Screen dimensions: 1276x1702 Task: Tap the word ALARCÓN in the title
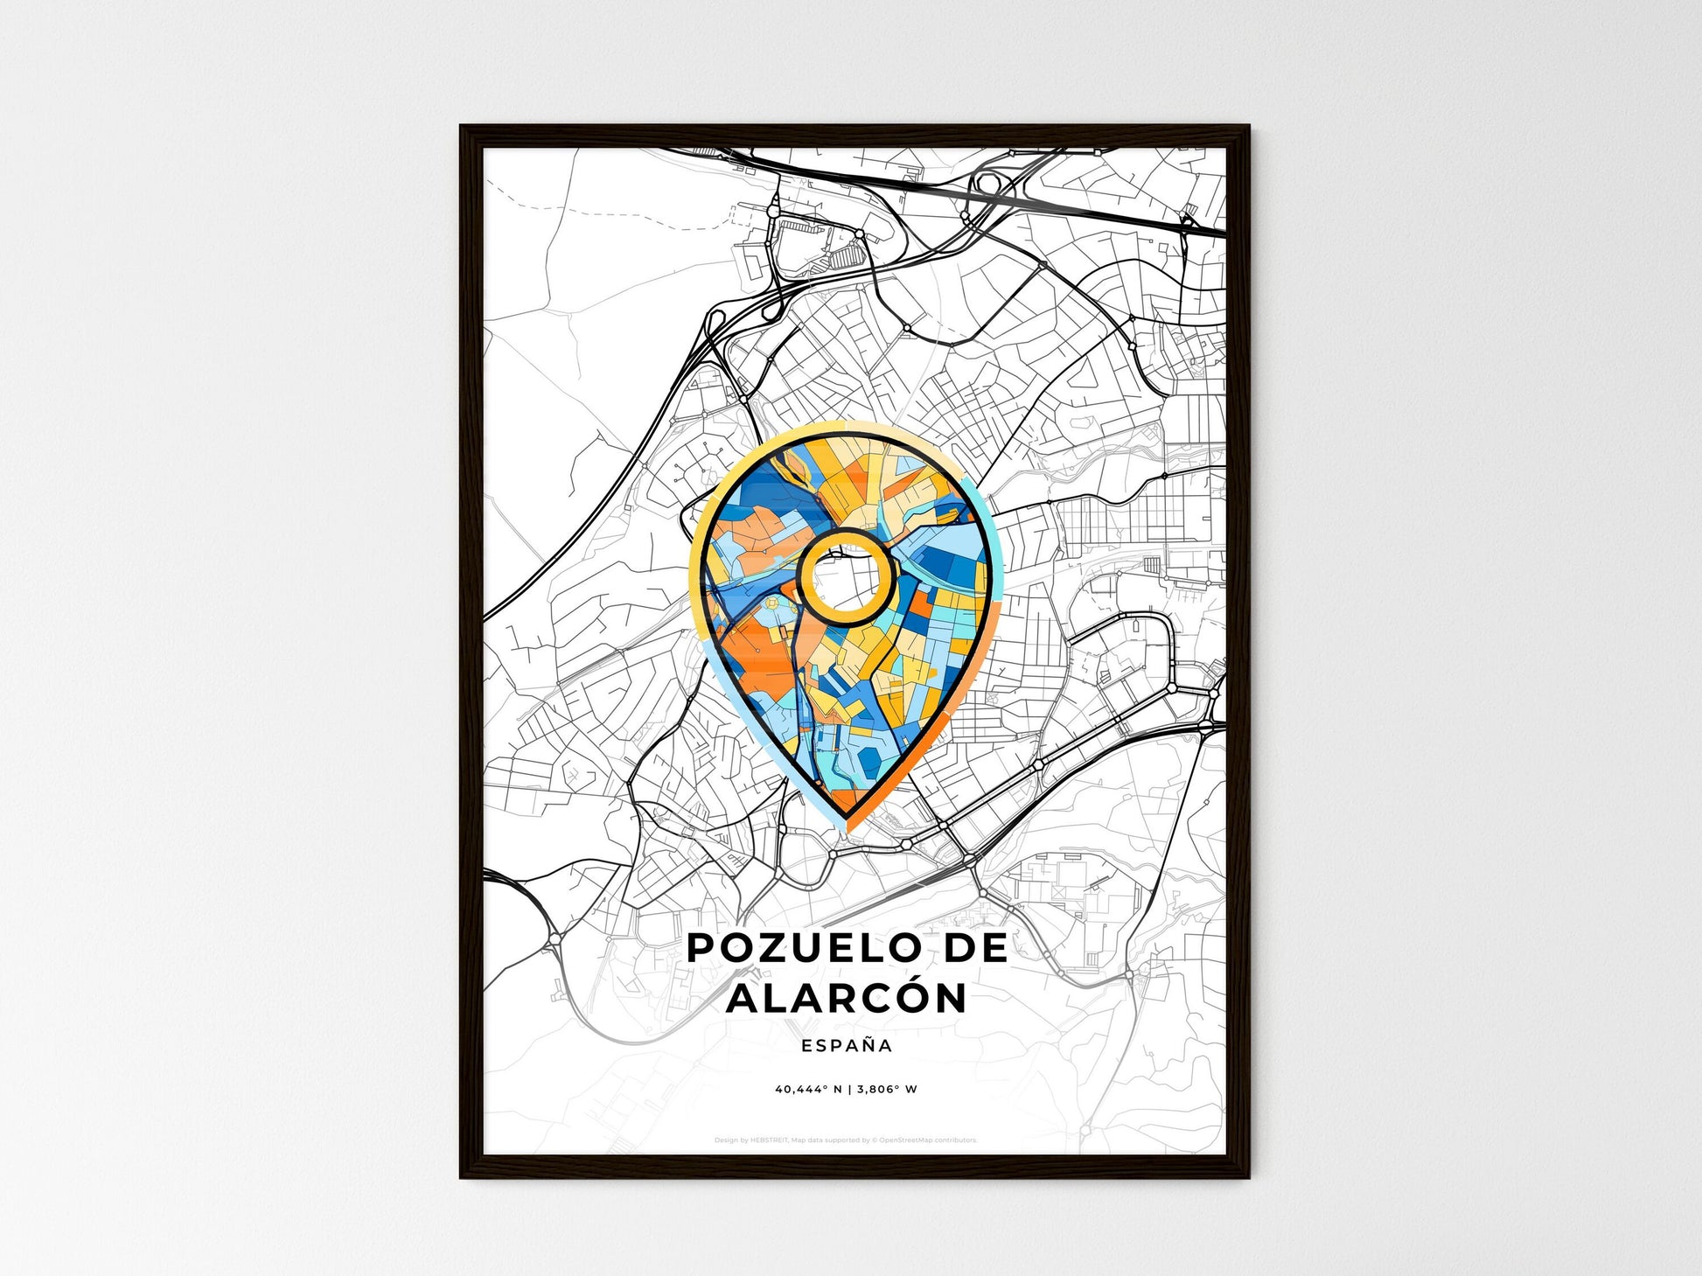[x=847, y=999]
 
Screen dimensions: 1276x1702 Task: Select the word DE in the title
[x=973, y=949]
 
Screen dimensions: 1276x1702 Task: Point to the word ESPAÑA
[x=847, y=1046]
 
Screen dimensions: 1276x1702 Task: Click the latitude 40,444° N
[x=807, y=1090]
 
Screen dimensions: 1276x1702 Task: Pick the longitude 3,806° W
[x=887, y=1090]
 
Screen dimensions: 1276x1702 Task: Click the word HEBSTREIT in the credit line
[x=770, y=1140]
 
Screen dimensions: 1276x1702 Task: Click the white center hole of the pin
[x=846, y=577]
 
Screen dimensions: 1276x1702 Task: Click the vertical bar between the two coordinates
[x=848, y=1090]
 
